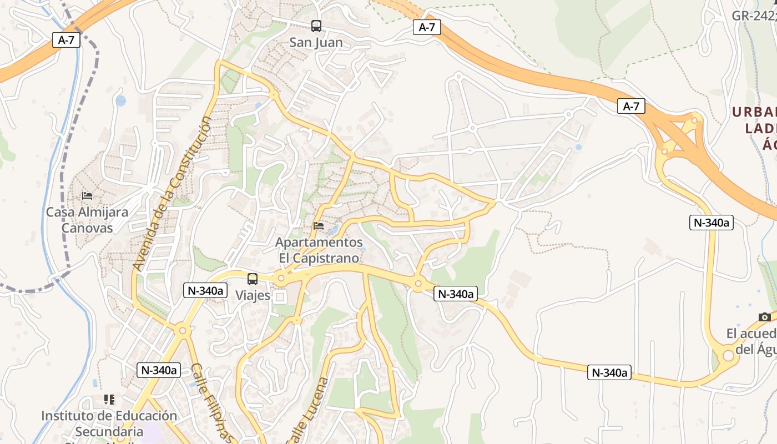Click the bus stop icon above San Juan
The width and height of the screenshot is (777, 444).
316,26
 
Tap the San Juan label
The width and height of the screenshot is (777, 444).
316,42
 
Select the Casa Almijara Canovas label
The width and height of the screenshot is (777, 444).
87,220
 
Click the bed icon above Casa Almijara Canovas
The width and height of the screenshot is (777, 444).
87,195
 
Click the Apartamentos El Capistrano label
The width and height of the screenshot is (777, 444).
319,250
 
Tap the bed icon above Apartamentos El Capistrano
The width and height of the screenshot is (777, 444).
319,226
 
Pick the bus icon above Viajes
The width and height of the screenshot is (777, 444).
253,279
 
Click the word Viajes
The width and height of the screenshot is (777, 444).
253,295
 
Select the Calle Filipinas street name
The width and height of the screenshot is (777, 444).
211,402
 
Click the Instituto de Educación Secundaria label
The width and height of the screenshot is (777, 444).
109,423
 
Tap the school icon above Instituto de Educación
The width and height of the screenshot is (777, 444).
109,399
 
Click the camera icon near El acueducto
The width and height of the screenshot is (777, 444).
765,317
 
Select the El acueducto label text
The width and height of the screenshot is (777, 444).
751,341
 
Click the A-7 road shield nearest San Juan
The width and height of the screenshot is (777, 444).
427,27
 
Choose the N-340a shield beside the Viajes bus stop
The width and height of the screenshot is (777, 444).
205,290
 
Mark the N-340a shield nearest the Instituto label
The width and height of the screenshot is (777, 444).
159,370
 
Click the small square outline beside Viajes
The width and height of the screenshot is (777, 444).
280,297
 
